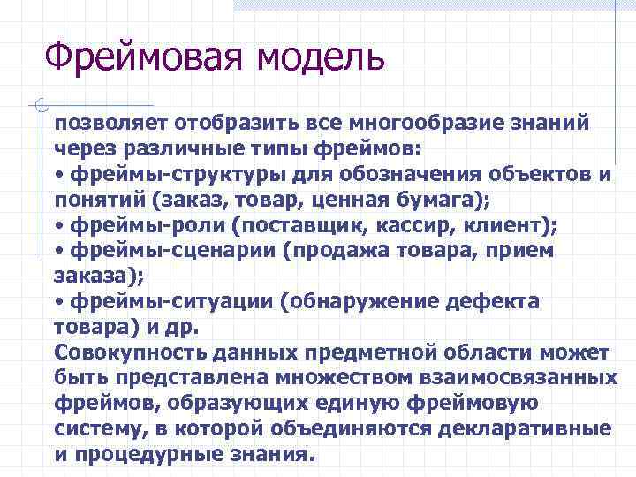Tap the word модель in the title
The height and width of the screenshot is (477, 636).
click(x=321, y=57)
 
